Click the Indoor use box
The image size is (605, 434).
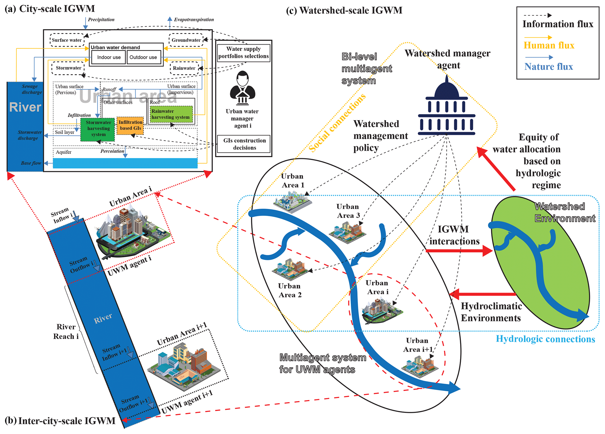109,57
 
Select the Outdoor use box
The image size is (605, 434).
143,57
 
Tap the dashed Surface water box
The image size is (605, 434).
67,40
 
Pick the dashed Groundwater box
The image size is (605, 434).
186,40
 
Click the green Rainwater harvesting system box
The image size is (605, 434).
171,114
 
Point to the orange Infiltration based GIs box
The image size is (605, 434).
130,126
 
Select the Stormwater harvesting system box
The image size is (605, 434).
98,129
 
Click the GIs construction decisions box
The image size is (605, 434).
244,144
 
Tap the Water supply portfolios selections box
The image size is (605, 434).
243,53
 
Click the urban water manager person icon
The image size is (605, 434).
242,88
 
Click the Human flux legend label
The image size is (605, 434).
549,45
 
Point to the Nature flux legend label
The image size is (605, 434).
549,67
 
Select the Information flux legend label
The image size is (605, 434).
558,24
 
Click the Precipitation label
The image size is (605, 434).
101,20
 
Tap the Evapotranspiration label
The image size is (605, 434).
194,20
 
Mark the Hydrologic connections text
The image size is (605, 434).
545,339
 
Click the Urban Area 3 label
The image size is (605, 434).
348,211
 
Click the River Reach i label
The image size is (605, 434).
66,332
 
